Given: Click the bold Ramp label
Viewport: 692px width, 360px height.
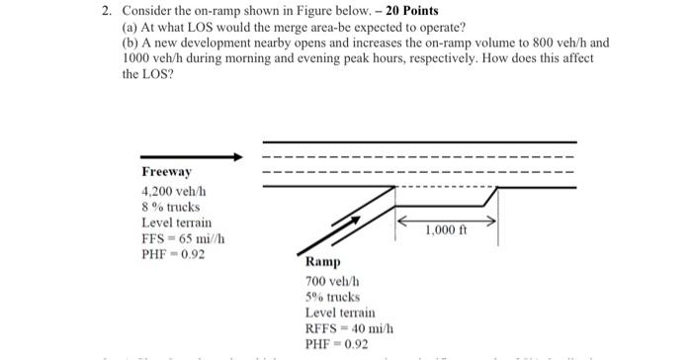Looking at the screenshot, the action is click(x=322, y=262).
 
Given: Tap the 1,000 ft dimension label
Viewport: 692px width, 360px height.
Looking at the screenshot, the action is click(x=446, y=231).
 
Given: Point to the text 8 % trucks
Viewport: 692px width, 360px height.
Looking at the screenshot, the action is click(x=171, y=207).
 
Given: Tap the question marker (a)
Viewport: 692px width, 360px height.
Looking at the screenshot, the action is click(x=130, y=27).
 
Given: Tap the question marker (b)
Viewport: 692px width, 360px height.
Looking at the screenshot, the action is click(x=130, y=44).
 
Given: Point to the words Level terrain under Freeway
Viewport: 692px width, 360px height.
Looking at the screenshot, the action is click(x=177, y=224).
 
